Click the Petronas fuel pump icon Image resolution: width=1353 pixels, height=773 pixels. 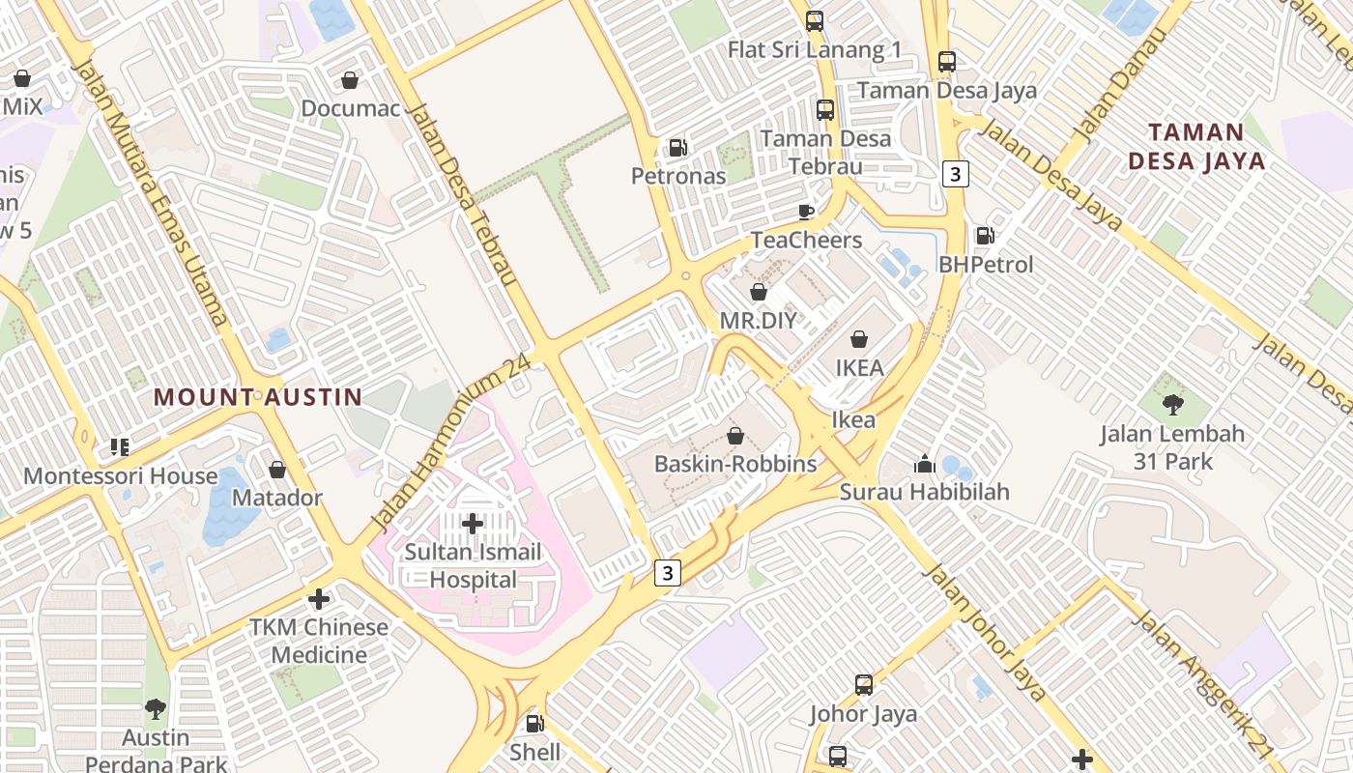[678, 148]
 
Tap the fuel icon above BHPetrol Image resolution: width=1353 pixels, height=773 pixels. [985, 235]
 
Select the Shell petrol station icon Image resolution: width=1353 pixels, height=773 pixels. [534, 723]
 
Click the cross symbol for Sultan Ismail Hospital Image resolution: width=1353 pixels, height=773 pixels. [473, 524]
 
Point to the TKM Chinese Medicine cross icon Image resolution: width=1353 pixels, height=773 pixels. [319, 598]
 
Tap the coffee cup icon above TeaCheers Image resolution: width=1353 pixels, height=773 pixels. [806, 212]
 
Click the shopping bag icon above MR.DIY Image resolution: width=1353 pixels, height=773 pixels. [759, 291]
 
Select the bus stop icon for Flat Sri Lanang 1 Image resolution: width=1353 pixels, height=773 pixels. [815, 21]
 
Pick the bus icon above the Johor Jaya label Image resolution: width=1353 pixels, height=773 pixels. [864, 684]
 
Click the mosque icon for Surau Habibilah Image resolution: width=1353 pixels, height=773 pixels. [925, 464]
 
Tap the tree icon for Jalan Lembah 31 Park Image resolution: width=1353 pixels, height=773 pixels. [1173, 404]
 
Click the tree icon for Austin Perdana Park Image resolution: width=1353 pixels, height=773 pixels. [156, 709]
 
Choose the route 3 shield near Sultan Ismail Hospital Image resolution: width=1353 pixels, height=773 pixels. [667, 572]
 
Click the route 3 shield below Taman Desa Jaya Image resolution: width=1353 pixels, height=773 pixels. [956, 174]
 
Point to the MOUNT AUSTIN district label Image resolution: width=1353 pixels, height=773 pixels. [258, 396]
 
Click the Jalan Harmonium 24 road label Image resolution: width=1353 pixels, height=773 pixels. [452, 443]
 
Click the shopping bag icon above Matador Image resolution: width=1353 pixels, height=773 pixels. [277, 470]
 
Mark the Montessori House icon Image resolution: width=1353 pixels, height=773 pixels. [120, 446]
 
